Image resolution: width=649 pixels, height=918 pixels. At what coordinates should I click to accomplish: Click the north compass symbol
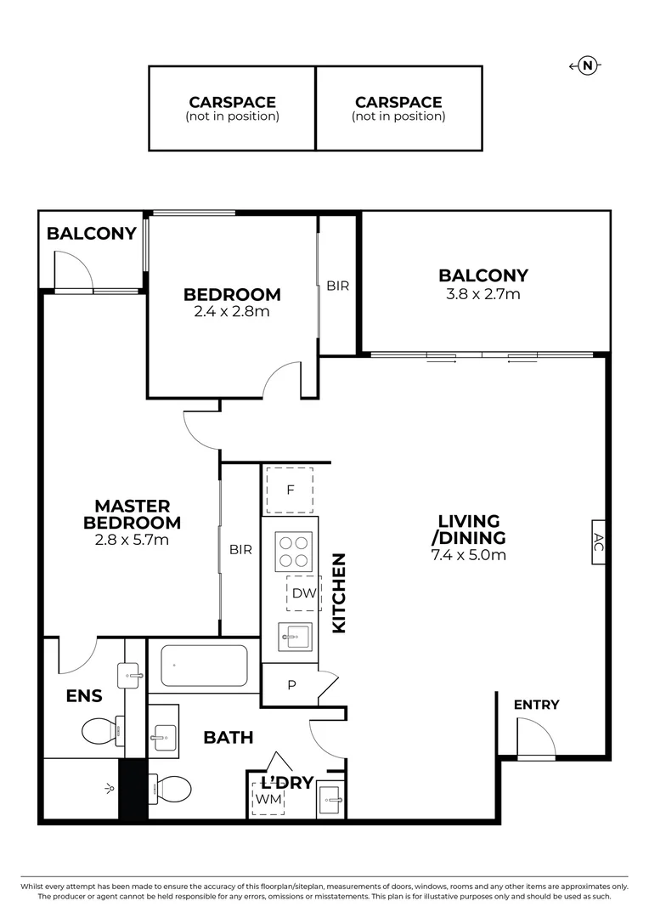pyautogui.click(x=587, y=66)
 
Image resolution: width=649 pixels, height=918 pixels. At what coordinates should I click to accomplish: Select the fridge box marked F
pyautogui.click(x=290, y=490)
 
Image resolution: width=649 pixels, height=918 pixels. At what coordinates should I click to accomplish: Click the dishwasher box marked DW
pyautogui.click(x=303, y=593)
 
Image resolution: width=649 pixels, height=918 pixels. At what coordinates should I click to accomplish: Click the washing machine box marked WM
pyautogui.click(x=268, y=799)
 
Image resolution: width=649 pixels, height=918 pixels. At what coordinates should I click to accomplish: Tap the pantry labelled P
pyautogui.click(x=291, y=685)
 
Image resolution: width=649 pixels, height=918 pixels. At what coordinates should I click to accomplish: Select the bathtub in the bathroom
pyautogui.click(x=204, y=666)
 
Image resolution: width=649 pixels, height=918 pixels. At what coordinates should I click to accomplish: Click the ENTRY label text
pyautogui.click(x=537, y=705)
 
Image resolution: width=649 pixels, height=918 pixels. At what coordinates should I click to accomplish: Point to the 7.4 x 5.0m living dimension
pyautogui.click(x=468, y=556)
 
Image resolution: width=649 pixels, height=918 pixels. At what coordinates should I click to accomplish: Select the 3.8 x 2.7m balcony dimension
pyautogui.click(x=483, y=294)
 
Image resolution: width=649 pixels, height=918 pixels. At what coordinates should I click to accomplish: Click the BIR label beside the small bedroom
pyautogui.click(x=337, y=286)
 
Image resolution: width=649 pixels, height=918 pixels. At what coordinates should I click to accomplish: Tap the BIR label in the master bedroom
pyautogui.click(x=240, y=550)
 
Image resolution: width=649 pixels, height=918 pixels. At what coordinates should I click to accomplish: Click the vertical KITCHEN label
pyautogui.click(x=339, y=592)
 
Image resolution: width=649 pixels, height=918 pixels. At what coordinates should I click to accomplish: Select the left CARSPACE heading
pyautogui.click(x=232, y=102)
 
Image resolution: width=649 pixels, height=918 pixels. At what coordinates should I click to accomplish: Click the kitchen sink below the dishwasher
pyautogui.click(x=296, y=636)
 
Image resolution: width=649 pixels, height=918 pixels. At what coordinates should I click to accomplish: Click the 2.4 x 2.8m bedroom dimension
pyautogui.click(x=232, y=312)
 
